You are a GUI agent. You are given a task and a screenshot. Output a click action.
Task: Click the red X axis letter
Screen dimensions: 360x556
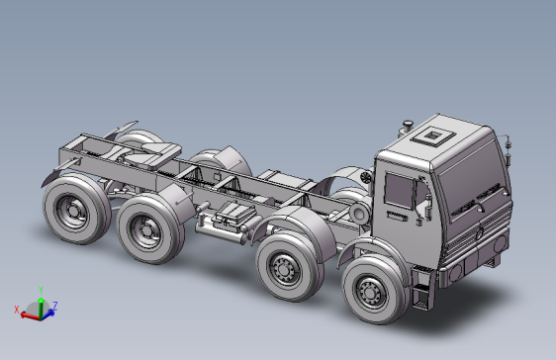pos(18,310)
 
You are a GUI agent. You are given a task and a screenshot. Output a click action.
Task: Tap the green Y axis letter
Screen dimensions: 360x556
pos(41,290)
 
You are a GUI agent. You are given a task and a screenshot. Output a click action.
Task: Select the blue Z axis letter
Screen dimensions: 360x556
pos(55,305)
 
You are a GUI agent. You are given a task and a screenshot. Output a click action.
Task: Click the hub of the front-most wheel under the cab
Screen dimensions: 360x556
pos(372,292)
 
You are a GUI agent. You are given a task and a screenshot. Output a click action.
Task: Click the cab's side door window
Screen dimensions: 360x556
pos(399,189)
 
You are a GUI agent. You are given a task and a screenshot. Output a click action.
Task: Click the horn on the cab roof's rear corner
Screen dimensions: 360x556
pos(404,126)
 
